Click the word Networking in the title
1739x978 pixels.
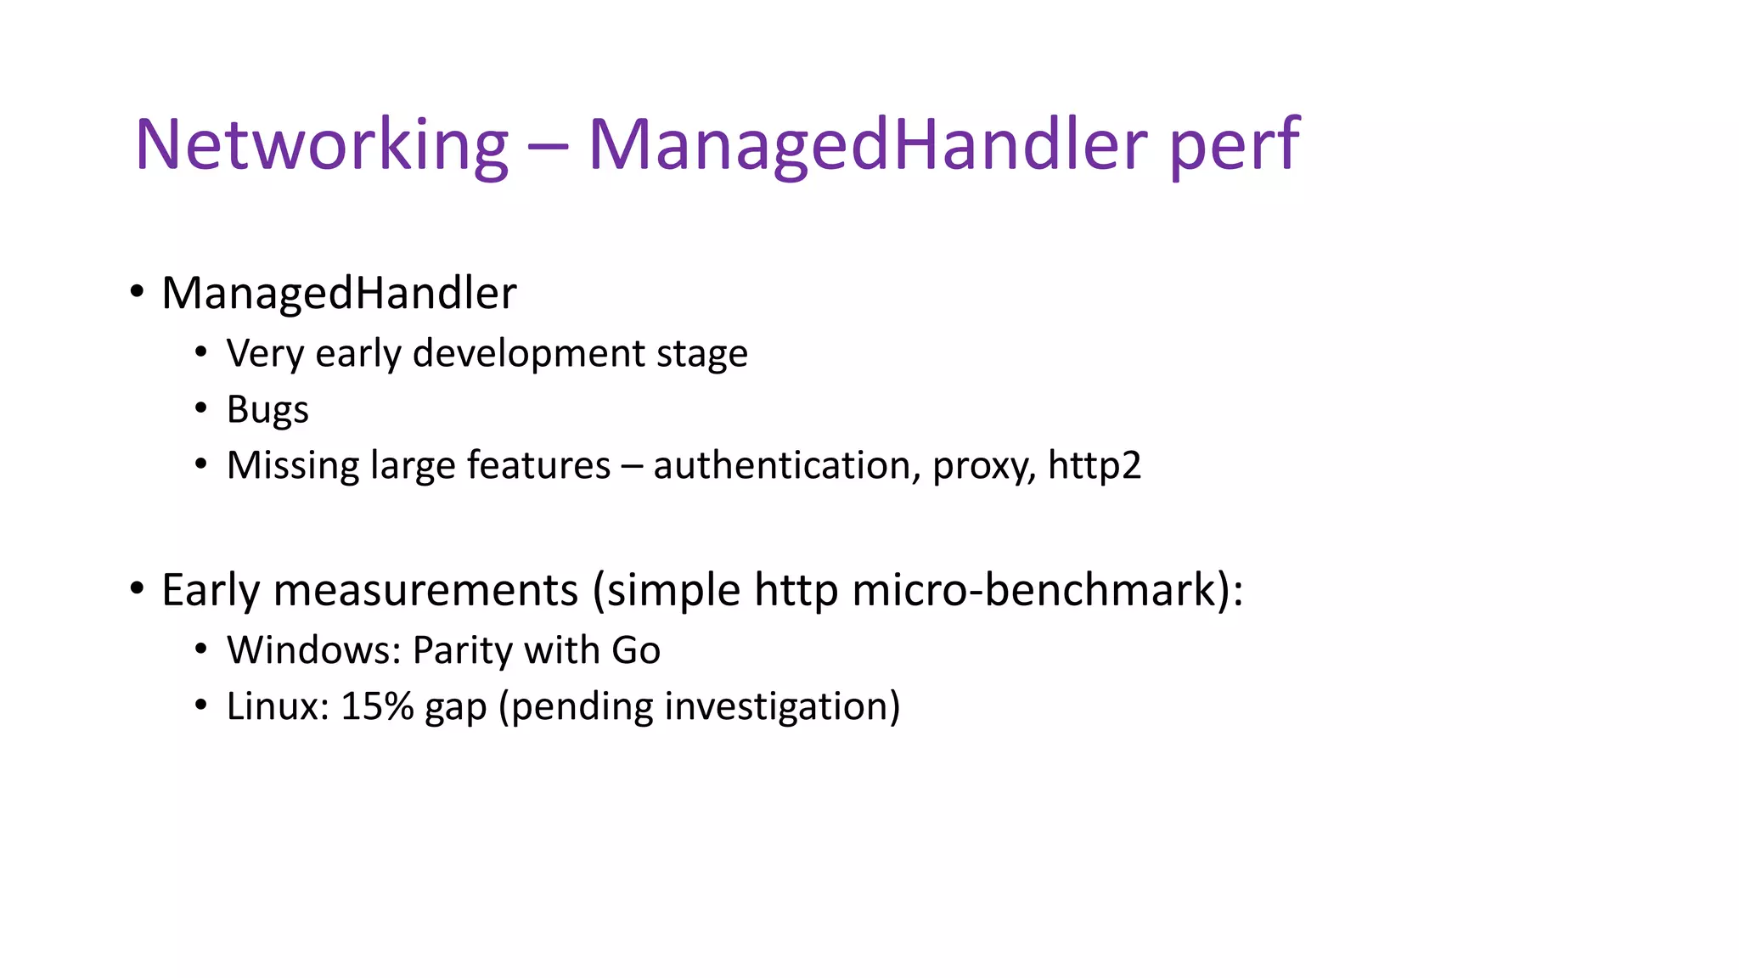[321, 145]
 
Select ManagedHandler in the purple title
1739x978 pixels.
[866, 145]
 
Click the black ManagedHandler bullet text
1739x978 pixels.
[339, 294]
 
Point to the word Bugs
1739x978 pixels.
[267, 410]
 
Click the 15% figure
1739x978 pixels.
[377, 706]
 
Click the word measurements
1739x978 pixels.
[425, 590]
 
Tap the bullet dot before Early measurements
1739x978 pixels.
[137, 588]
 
